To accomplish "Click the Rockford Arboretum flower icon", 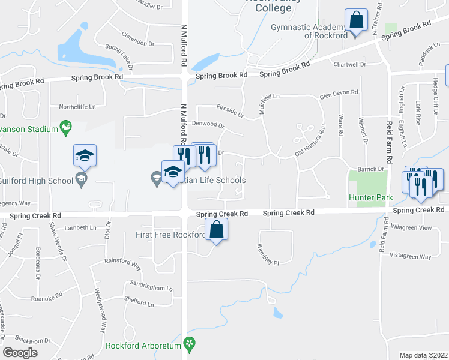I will (190, 345).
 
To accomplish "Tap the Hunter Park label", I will (366, 197).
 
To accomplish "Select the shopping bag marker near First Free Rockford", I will (216, 230).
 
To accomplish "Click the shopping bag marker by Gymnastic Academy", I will (357, 20).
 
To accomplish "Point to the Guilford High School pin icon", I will (80, 178).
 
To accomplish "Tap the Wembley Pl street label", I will (268, 254).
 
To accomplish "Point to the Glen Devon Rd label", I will (339, 93).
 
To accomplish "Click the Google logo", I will (20, 352).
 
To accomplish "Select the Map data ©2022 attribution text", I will (423, 355).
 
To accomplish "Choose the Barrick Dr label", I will (370, 170).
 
